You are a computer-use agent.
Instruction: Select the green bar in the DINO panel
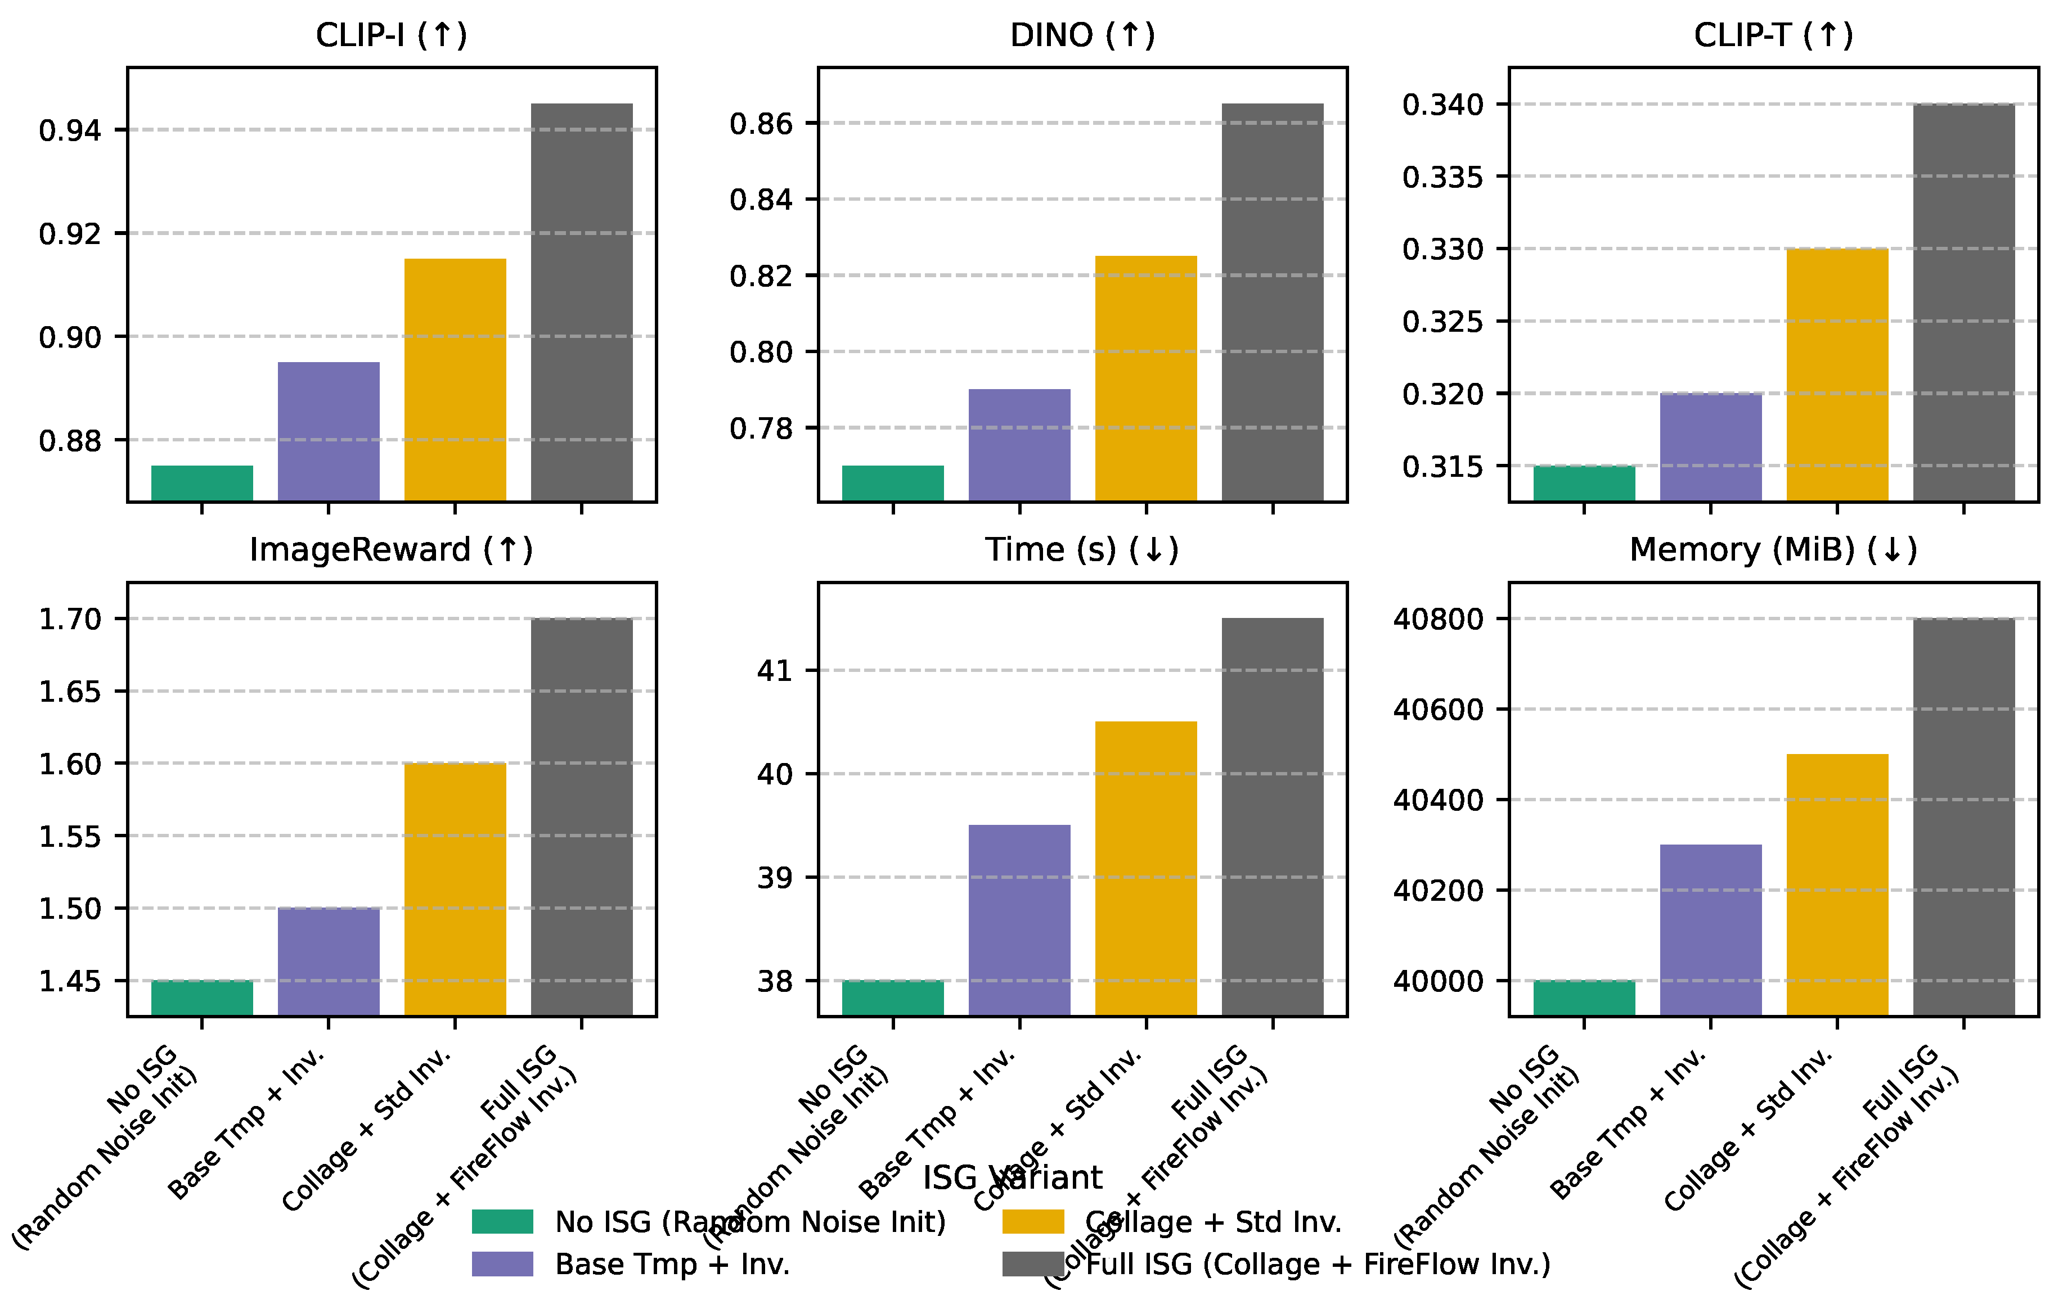(x=892, y=482)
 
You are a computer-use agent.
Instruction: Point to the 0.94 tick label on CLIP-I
(x=70, y=130)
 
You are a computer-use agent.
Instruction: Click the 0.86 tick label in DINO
(x=761, y=124)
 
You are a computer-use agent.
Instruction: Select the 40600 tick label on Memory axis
(x=1438, y=710)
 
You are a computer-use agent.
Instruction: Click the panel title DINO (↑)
(x=1082, y=35)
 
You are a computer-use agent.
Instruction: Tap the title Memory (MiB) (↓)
(x=1773, y=550)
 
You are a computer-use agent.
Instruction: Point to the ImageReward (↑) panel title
(x=390, y=550)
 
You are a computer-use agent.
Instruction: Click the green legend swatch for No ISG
(x=502, y=1221)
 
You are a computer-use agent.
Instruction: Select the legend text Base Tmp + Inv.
(x=672, y=1264)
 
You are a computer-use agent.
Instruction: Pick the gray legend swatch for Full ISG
(x=1032, y=1264)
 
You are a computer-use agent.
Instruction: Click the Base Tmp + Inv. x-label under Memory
(x=1628, y=1124)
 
